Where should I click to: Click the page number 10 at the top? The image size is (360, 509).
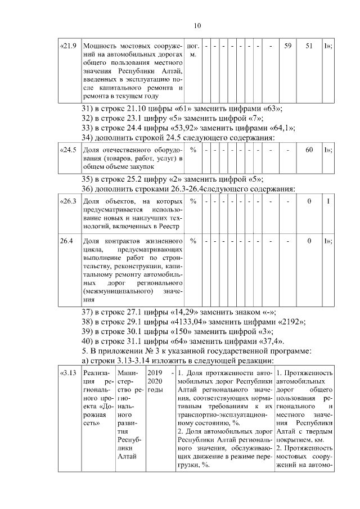tap(197, 25)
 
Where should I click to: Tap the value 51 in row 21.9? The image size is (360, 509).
tap(309, 46)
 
